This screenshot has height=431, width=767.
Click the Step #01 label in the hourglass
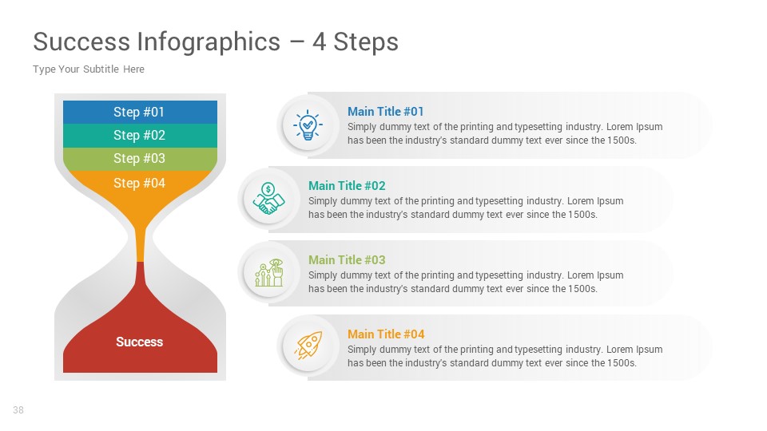tap(139, 112)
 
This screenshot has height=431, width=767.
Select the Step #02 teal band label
tap(139, 135)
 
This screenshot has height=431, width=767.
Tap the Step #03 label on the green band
tap(139, 158)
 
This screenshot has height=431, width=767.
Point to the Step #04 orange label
tap(139, 183)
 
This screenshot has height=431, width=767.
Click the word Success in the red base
tap(139, 342)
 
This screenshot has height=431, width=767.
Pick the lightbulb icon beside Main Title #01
tap(308, 125)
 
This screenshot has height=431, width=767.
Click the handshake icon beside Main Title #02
tap(268, 199)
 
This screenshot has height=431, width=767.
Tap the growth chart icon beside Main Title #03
tap(268, 273)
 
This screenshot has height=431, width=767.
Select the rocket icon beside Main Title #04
tap(308, 347)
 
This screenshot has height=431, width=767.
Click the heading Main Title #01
tap(386, 112)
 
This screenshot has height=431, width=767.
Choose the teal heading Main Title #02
tap(347, 186)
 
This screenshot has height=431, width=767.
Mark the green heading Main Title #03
tap(347, 260)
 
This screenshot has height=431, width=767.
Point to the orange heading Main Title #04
tap(386, 334)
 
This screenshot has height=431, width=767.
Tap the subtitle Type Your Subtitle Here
tap(89, 69)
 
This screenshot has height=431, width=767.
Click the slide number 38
tap(18, 410)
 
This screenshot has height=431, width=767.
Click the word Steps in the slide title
tap(366, 42)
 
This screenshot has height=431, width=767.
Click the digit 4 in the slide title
tap(319, 42)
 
